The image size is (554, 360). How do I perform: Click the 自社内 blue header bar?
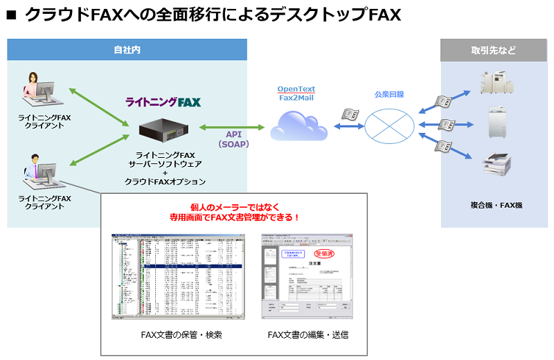pyautogui.click(x=127, y=50)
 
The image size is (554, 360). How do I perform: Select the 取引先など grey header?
pyautogui.click(x=494, y=50)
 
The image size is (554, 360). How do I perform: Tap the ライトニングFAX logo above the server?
pyautogui.click(x=163, y=102)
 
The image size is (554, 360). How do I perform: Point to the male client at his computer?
pyautogui.click(x=40, y=170)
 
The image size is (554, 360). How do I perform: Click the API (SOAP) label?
pyautogui.click(x=228, y=139)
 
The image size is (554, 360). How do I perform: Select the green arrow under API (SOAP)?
pyautogui.click(x=232, y=127)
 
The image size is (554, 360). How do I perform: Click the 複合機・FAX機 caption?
pyautogui.click(x=496, y=205)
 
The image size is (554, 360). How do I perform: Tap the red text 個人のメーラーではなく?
pyautogui.click(x=235, y=207)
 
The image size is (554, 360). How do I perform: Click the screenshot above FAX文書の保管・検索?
pyautogui.click(x=179, y=277)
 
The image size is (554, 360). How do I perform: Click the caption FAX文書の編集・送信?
pyautogui.click(x=307, y=335)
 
